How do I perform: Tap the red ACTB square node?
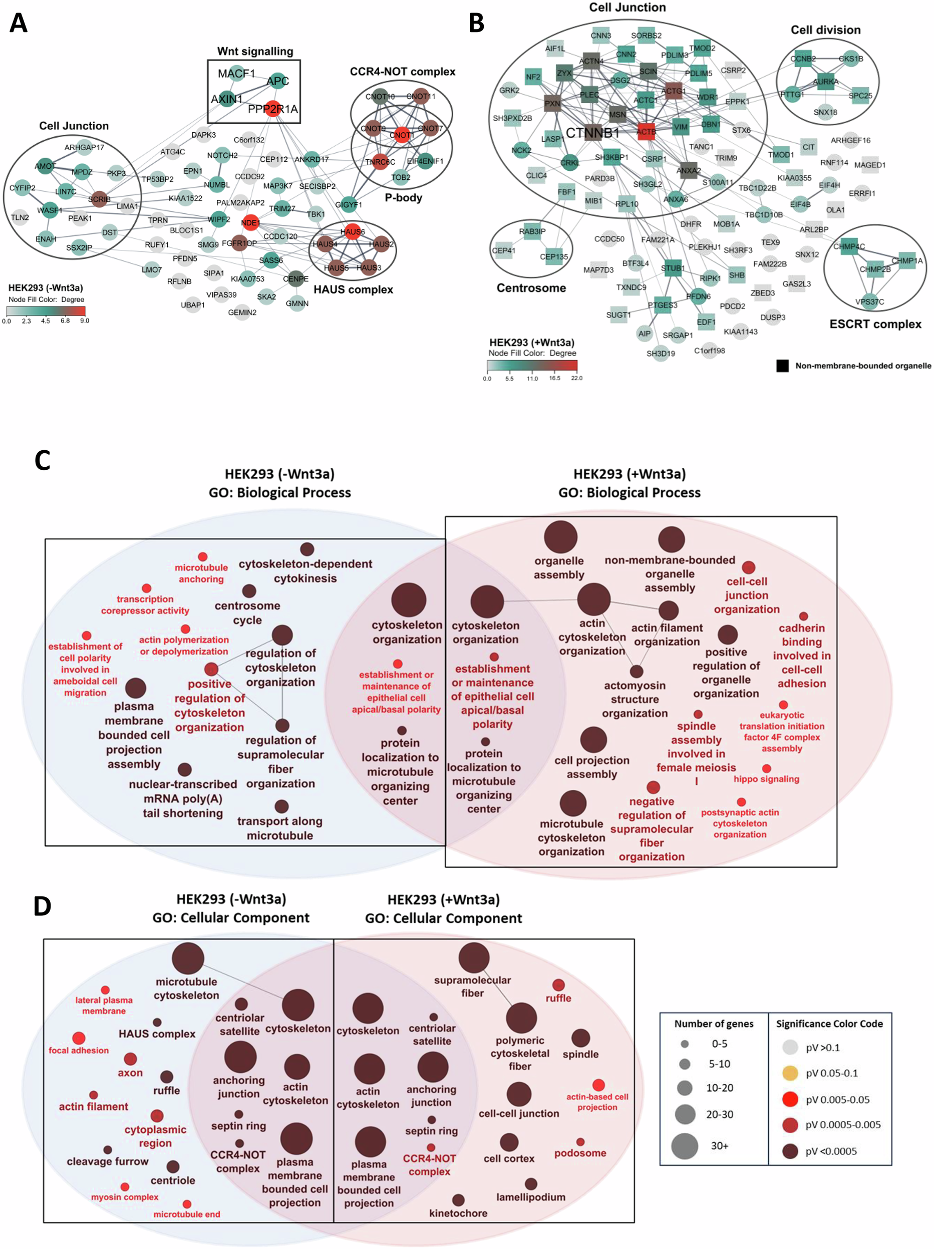(646, 132)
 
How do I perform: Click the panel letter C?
(43, 460)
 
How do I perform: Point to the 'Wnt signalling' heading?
(255, 52)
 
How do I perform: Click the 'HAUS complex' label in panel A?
(353, 289)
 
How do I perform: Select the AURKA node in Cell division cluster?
(825, 82)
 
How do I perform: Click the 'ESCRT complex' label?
(875, 324)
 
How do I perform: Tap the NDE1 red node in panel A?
(250, 222)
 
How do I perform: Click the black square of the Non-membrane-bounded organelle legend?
(782, 366)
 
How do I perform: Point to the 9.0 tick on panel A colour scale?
(85, 321)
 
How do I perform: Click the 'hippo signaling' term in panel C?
(766, 779)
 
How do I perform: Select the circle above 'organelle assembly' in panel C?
(560, 537)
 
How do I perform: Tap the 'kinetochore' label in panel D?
(458, 1213)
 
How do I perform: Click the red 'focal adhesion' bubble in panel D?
(79, 1038)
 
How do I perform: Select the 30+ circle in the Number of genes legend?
(685, 1146)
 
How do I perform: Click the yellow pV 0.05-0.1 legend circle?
(790, 1073)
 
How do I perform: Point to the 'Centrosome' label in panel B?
(531, 288)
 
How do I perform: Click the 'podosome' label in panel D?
(580, 1153)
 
